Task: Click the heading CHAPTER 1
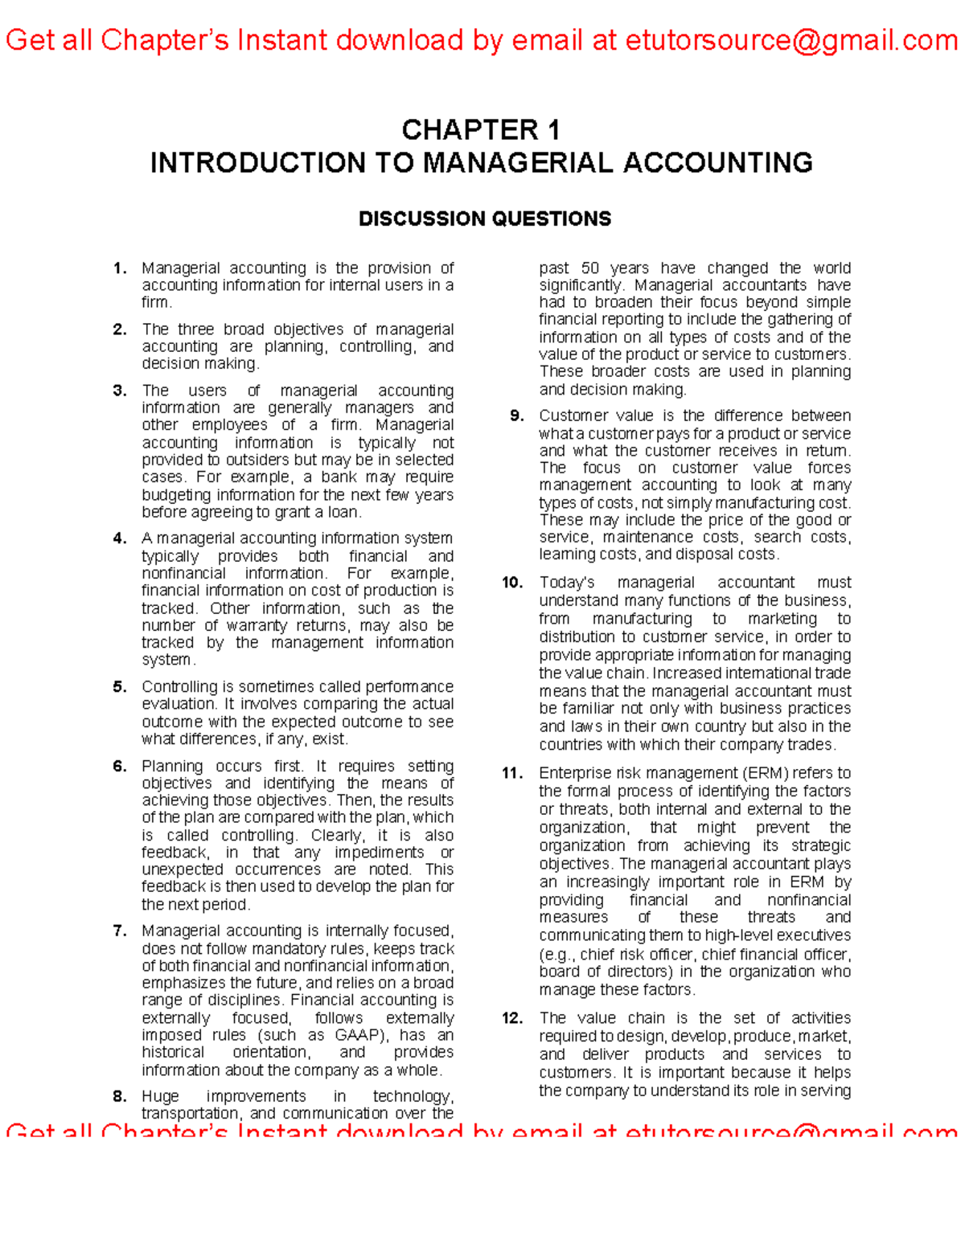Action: point(481,129)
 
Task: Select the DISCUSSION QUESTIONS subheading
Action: point(484,219)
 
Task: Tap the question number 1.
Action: point(120,268)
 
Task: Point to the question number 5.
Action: point(120,687)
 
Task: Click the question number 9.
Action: point(517,415)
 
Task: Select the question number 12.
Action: point(512,1018)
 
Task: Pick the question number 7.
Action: point(120,931)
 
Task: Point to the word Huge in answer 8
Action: point(160,1096)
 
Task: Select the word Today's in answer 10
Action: point(566,583)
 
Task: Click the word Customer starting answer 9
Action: point(571,415)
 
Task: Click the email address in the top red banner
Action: point(791,39)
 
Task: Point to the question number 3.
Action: point(120,391)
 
